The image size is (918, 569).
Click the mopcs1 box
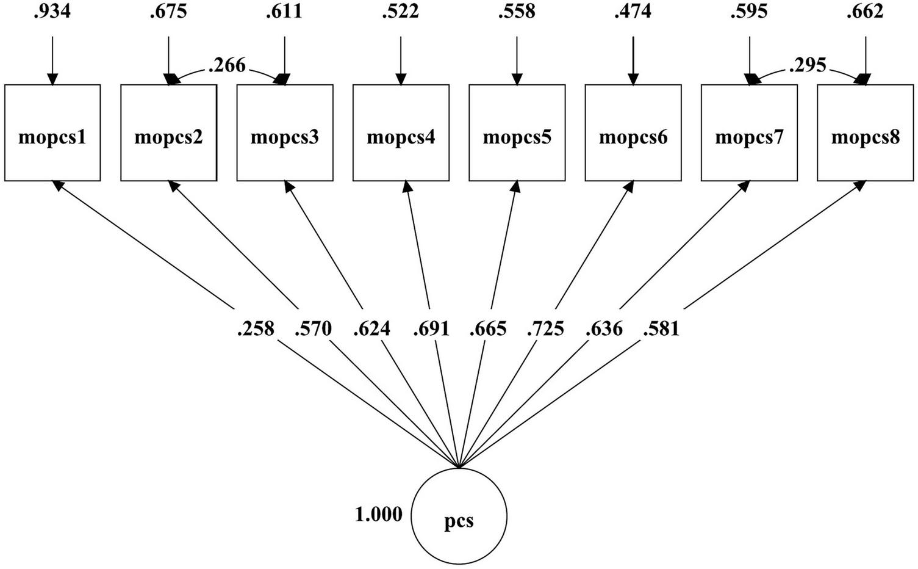(x=52, y=133)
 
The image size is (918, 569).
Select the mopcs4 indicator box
(x=401, y=133)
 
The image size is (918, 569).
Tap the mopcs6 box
(x=633, y=133)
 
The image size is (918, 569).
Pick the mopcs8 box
(x=865, y=133)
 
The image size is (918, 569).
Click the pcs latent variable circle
(x=459, y=517)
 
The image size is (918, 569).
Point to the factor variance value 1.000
(x=379, y=515)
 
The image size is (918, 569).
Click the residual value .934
(x=52, y=12)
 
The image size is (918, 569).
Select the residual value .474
(x=633, y=12)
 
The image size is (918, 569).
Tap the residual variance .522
(x=401, y=12)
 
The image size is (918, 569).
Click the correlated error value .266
(x=226, y=65)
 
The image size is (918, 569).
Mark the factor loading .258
(x=256, y=329)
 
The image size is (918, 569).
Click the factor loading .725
(x=546, y=329)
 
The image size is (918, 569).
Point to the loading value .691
(x=431, y=329)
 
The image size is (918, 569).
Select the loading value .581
(x=661, y=329)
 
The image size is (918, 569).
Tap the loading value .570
(x=313, y=329)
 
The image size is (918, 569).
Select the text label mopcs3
(x=285, y=137)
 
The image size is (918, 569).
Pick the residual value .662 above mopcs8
(x=865, y=12)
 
